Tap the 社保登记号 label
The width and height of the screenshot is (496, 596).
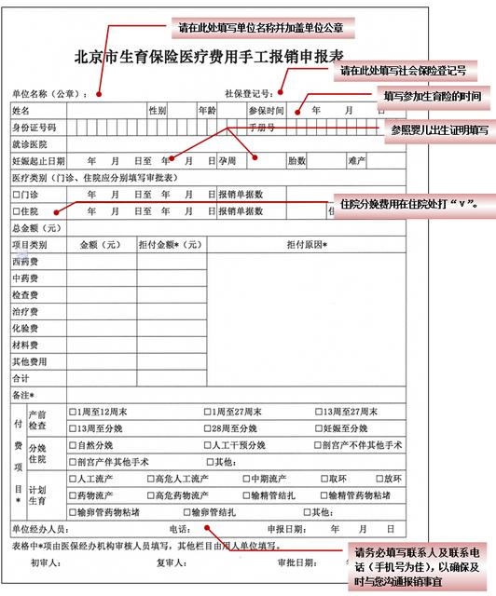tap(248, 94)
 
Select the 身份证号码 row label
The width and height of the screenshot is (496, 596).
tap(34, 127)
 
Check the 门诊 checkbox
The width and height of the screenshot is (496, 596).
tap(17, 195)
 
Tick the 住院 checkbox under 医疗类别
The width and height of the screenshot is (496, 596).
tap(17, 211)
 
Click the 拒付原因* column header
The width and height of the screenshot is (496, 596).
tap(307, 245)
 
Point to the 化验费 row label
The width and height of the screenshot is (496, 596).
tap(24, 328)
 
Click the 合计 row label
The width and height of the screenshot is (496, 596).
tap(21, 378)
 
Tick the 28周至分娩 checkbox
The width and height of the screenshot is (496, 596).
tap(207, 428)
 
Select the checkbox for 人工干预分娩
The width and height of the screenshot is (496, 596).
tap(207, 445)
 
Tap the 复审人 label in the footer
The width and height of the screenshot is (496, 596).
tap(171, 562)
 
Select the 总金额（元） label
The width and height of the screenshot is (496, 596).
tap(36, 228)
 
